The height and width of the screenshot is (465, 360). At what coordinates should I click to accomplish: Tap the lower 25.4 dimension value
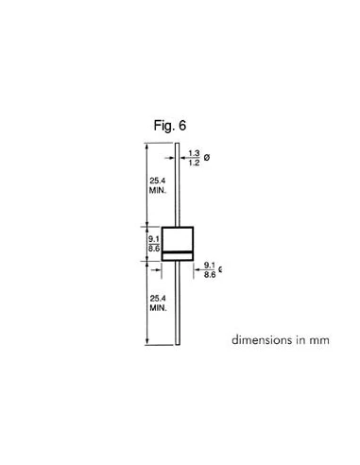[x=158, y=300]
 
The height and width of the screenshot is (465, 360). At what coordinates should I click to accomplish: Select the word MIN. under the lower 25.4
[x=158, y=309]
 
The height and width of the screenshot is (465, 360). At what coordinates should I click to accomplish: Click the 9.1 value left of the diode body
[x=154, y=239]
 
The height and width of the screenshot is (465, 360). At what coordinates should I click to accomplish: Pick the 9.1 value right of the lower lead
[x=209, y=266]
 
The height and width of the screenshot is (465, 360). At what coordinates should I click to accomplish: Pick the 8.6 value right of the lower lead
[x=209, y=275]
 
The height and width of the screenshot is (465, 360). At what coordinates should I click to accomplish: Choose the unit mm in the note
[x=320, y=340]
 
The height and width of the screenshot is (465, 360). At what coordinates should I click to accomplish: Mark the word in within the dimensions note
[x=301, y=340]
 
